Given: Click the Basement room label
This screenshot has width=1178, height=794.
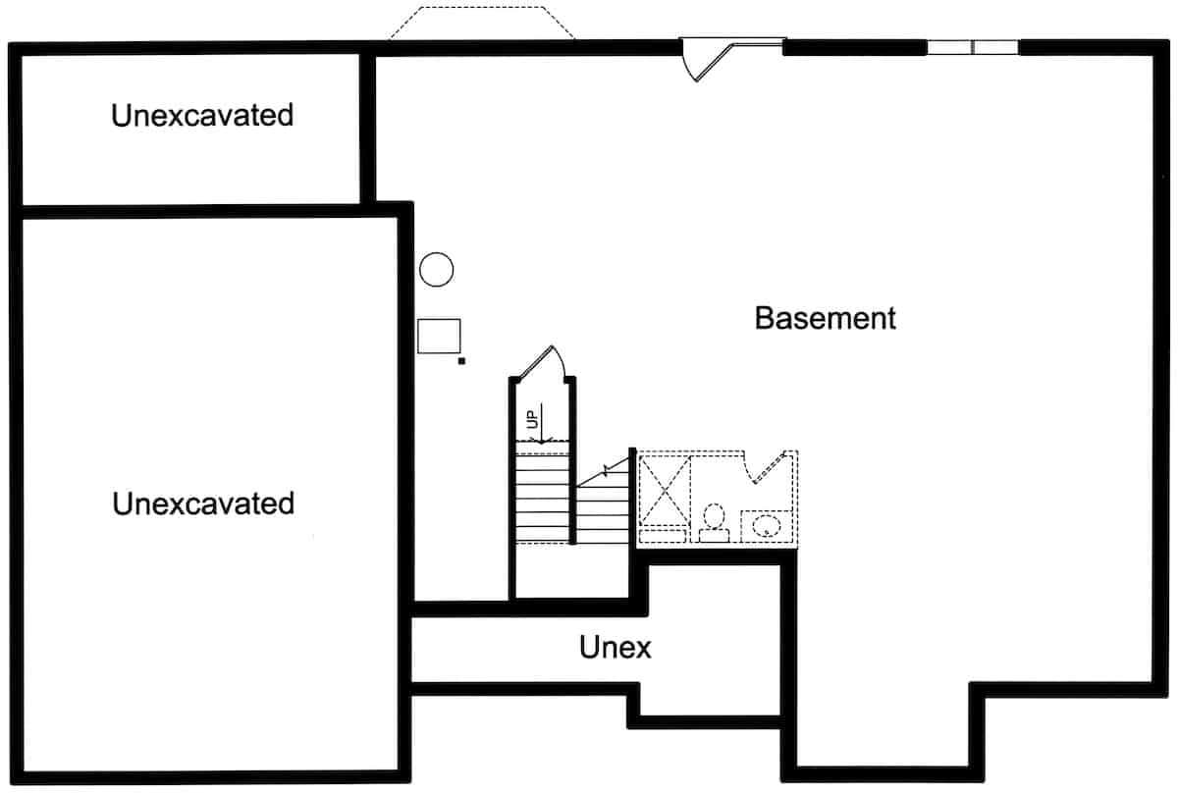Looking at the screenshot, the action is [826, 318].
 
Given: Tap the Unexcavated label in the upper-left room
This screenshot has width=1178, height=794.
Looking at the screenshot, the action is [202, 115].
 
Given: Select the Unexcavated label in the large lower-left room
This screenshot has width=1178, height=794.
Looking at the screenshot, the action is [203, 503].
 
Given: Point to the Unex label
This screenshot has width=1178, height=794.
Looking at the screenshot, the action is [616, 647].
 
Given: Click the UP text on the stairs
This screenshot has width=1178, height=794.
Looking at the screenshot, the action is [532, 419].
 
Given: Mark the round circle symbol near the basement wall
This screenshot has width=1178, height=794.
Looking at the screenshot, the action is [437, 269].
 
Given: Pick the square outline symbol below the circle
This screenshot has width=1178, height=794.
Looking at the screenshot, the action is [439, 336].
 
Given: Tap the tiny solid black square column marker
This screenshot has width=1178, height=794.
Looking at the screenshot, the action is [461, 361].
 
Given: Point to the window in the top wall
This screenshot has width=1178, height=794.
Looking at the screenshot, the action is [973, 47].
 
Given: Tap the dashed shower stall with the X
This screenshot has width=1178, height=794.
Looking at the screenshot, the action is [665, 491].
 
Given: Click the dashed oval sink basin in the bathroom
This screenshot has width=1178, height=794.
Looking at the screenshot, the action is [767, 525].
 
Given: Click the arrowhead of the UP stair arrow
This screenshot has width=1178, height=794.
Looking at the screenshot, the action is [542, 441].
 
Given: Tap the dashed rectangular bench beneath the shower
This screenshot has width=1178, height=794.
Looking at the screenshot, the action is [663, 536].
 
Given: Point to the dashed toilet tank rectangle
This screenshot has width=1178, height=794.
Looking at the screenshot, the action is [715, 535].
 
